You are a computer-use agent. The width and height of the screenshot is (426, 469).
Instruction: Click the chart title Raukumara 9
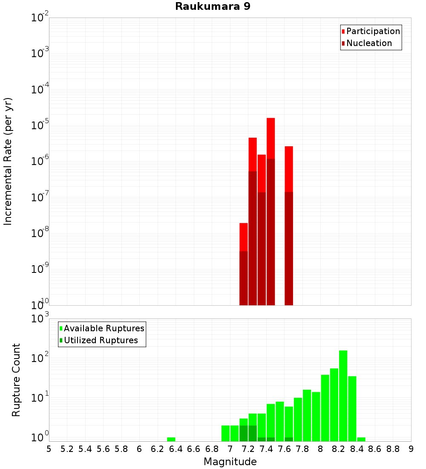pos(209,7)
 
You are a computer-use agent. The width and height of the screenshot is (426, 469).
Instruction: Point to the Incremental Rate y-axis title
pos(8,162)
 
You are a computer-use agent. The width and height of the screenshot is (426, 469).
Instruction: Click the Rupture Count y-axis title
pos(16,380)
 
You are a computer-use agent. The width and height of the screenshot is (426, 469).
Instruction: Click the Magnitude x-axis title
pos(230,462)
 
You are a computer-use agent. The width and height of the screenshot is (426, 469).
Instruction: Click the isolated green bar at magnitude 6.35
pos(171,439)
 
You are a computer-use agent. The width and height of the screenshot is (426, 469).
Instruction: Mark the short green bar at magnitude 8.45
pos(361,439)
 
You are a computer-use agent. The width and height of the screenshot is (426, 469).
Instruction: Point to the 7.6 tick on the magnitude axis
pos(284,449)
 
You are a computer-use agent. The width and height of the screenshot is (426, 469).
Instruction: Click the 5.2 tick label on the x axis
pos(67,449)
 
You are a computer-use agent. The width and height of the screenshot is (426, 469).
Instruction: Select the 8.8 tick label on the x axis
pos(393,449)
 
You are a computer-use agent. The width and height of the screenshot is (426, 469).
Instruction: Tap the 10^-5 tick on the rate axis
pos(40,125)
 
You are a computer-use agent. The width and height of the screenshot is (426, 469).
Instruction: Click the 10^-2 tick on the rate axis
pos(40,18)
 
